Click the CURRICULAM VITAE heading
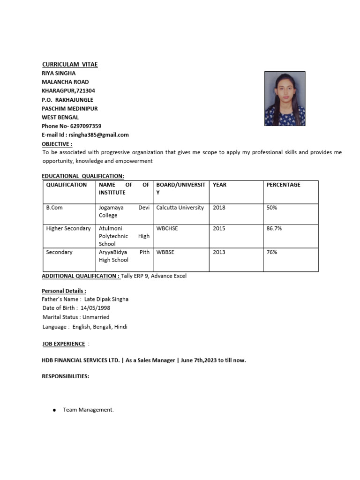70,64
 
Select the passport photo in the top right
285,98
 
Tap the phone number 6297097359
85,126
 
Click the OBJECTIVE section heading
57,144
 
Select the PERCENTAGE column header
283,185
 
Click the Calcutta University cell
180,208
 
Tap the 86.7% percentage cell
274,229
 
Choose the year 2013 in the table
219,252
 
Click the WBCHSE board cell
167,229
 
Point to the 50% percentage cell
272,208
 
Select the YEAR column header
219,185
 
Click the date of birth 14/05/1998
96,308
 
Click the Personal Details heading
64,291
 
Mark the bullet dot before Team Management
54,410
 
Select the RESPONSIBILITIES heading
66,376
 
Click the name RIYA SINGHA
59,73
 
